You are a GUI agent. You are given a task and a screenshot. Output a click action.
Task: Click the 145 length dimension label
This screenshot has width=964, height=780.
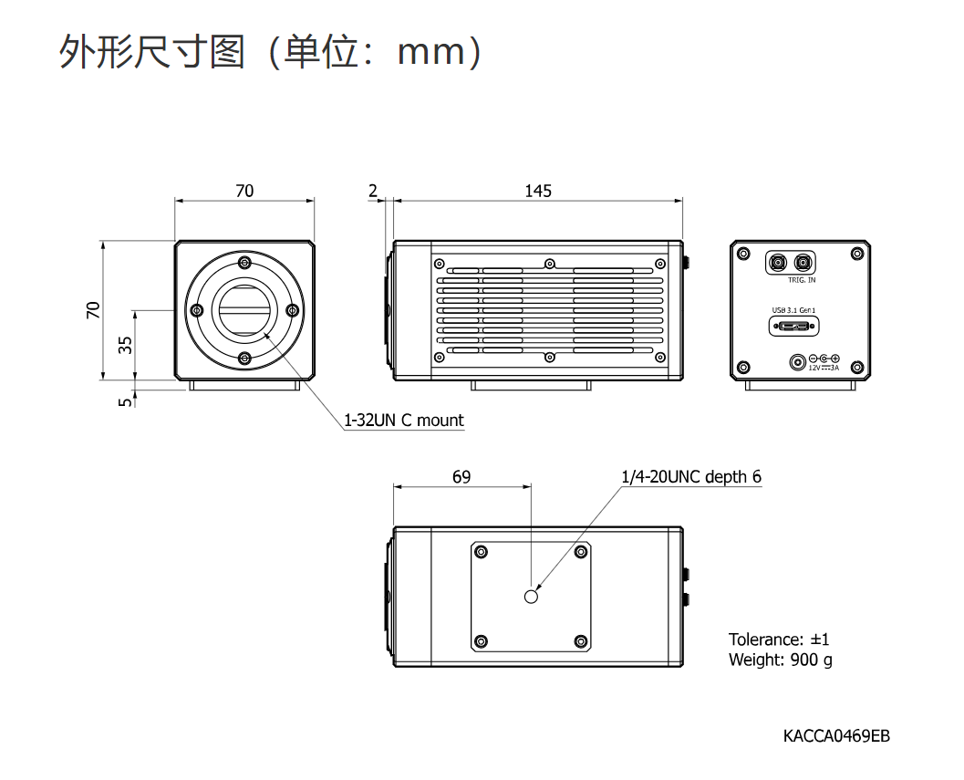pyautogui.click(x=538, y=191)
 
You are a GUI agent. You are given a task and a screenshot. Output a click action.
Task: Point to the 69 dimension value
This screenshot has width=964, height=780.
pyautogui.click(x=462, y=476)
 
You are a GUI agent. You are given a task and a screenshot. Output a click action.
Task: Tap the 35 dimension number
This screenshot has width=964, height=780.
pyautogui.click(x=126, y=345)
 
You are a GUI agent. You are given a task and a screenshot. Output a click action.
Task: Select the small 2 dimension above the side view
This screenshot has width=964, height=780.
pyautogui.click(x=373, y=191)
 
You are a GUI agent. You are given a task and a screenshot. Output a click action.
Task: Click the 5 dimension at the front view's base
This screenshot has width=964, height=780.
pyautogui.click(x=126, y=399)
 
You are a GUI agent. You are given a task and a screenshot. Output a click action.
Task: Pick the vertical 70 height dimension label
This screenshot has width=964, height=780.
pyautogui.click(x=93, y=310)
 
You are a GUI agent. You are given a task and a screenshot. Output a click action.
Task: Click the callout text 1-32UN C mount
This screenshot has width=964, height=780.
pyautogui.click(x=403, y=421)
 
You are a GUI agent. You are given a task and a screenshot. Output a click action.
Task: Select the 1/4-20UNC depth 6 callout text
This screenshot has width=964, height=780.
pyautogui.click(x=690, y=476)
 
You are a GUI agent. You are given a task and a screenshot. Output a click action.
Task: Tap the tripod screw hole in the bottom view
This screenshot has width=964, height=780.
pyautogui.click(x=532, y=596)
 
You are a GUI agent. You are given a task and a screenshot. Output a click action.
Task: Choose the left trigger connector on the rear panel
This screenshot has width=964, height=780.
pyautogui.click(x=778, y=262)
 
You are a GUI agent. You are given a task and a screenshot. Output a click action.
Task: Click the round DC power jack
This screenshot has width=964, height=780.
pyautogui.click(x=799, y=362)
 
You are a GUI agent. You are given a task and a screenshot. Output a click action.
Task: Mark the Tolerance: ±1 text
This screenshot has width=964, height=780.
pyautogui.click(x=779, y=639)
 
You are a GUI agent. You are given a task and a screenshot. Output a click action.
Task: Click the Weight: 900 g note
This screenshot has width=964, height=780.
pyautogui.click(x=780, y=660)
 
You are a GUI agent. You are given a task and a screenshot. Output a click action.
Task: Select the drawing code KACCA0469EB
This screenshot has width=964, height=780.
pyautogui.click(x=835, y=735)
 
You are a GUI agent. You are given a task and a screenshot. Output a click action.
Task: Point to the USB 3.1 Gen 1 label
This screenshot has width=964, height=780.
pyautogui.click(x=794, y=309)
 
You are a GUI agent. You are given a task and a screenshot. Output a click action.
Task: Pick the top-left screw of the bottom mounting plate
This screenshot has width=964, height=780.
pyautogui.click(x=482, y=551)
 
